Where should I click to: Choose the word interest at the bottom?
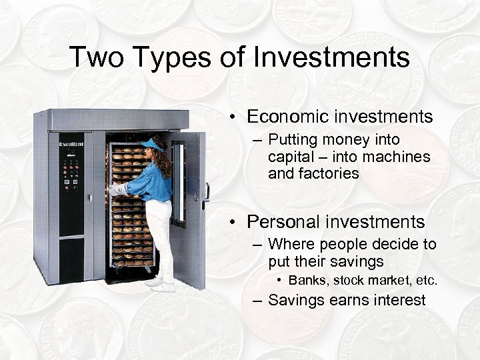[397, 300]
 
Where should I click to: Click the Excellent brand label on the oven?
[71, 144]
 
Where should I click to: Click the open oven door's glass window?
[178, 180]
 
